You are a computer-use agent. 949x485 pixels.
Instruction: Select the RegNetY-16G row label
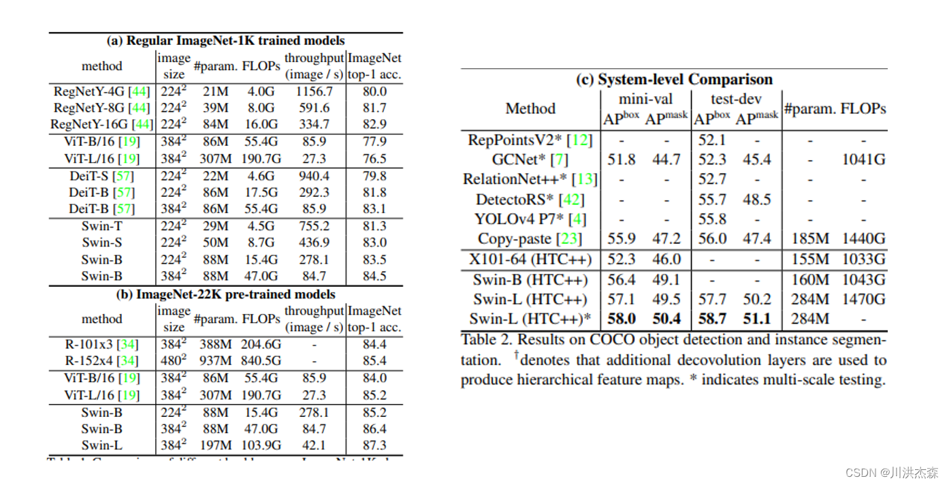tap(101, 125)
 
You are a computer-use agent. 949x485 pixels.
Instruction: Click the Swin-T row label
tap(101, 226)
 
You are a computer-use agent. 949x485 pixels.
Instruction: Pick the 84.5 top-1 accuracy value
tap(374, 277)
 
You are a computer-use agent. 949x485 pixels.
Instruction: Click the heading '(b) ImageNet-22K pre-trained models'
tap(225, 294)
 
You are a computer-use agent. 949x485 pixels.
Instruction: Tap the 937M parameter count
tap(215, 361)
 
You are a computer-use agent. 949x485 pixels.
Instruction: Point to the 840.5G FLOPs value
tap(260, 361)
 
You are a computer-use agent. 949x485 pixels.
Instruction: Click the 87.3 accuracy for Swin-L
tap(374, 445)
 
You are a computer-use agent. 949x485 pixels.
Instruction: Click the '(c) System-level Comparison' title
tap(674, 80)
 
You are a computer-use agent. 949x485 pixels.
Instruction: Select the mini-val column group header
tap(645, 99)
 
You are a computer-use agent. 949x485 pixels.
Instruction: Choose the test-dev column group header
tap(736, 99)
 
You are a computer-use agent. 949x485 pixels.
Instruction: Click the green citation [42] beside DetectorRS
tap(571, 200)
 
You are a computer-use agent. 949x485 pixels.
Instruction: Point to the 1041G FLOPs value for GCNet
tap(863, 160)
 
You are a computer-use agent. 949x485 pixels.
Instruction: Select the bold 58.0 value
tap(622, 319)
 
